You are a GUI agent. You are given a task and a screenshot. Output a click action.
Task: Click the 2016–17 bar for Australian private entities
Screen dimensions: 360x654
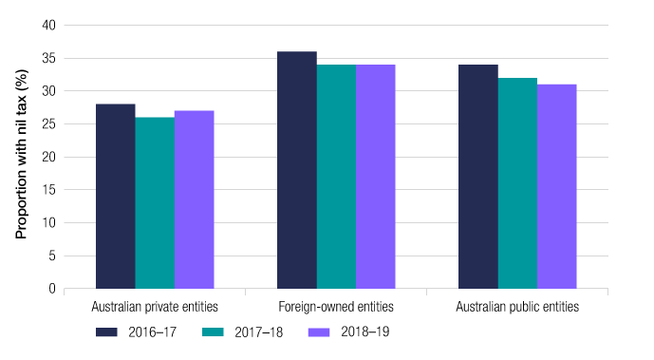click(x=115, y=197)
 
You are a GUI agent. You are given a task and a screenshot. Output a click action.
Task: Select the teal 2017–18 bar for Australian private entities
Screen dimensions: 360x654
click(x=155, y=203)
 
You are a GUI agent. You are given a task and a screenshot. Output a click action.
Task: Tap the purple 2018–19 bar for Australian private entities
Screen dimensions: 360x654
click(x=194, y=199)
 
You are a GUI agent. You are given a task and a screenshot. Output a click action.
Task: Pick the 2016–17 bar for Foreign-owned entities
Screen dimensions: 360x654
click(x=296, y=170)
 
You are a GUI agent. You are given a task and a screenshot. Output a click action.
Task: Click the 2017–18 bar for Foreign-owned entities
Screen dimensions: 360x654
click(x=336, y=177)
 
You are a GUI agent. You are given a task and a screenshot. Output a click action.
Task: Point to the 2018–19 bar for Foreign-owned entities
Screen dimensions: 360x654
click(x=375, y=177)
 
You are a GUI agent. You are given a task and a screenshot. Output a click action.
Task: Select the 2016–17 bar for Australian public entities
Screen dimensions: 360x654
click(x=477, y=177)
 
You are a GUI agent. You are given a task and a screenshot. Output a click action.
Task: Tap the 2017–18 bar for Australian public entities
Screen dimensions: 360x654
click(x=517, y=183)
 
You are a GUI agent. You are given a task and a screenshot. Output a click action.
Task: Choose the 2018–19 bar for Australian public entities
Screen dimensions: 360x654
click(x=556, y=186)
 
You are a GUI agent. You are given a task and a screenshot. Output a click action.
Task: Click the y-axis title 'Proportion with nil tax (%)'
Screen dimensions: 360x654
click(x=20, y=157)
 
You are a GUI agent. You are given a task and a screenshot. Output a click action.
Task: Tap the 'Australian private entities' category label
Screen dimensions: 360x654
click(x=155, y=308)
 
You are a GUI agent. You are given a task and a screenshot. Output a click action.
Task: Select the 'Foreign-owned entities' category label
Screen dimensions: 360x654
click(x=336, y=308)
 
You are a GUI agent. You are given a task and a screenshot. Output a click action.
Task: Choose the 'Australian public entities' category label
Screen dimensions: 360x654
click(x=517, y=308)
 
